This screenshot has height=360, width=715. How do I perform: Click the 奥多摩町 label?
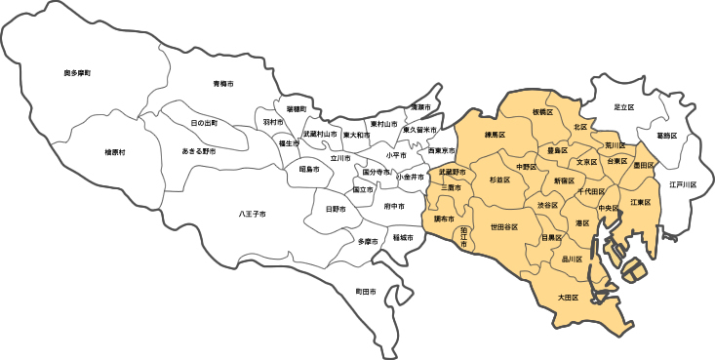coord(77,73)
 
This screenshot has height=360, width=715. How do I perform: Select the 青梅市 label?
coord(224,84)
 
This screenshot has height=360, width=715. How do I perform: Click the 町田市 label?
coord(366,291)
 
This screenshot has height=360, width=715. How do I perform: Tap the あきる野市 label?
coord(199,151)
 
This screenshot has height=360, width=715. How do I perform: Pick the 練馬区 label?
coord(496,136)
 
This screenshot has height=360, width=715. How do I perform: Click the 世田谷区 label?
coord(503,226)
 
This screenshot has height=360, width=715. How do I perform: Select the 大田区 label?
coord(569,297)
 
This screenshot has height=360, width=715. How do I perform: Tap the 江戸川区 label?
coord(683,183)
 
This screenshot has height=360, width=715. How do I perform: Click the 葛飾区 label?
coord(667,136)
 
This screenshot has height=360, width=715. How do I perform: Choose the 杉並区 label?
coord(499,180)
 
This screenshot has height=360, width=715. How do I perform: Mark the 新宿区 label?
coord(564,180)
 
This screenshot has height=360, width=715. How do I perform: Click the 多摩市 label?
coord(367,241)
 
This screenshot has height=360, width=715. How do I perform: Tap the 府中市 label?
coord(394,207)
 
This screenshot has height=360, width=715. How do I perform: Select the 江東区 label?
coord(640,202)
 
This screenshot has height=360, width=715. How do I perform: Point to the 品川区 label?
coord(573,260)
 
